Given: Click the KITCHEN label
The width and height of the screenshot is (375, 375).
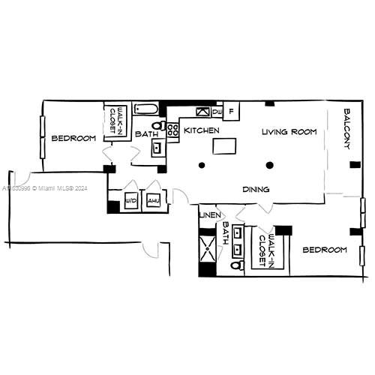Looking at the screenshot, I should click(x=202, y=130).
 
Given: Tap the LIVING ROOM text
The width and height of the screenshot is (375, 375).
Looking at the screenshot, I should click(x=289, y=132).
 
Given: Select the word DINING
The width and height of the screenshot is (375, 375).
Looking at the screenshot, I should click(x=256, y=190).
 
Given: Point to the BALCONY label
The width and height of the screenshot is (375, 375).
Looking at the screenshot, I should click(x=347, y=128).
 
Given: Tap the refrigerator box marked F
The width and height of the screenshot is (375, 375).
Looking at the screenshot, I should click(x=232, y=111).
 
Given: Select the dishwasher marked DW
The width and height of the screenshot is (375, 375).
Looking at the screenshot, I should click(x=217, y=112).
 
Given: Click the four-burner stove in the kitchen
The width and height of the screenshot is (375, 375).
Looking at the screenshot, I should click(x=172, y=130).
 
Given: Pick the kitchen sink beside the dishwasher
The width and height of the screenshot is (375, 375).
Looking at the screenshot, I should click(x=201, y=112).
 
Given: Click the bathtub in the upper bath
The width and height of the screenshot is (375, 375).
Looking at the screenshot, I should click(x=147, y=109).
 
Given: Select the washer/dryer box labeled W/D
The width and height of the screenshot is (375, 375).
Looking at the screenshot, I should click(x=130, y=201).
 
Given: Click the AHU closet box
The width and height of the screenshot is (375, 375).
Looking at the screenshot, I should click(x=153, y=201).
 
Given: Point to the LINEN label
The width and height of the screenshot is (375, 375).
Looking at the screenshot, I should click(x=210, y=216).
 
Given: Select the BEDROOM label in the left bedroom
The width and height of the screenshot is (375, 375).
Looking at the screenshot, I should click(x=73, y=138).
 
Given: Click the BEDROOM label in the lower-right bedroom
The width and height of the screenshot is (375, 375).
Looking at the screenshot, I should click(x=325, y=250).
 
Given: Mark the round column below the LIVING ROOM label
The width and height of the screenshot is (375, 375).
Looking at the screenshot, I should click(x=270, y=165).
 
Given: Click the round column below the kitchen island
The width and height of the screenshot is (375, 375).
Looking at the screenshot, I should click(x=200, y=165).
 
